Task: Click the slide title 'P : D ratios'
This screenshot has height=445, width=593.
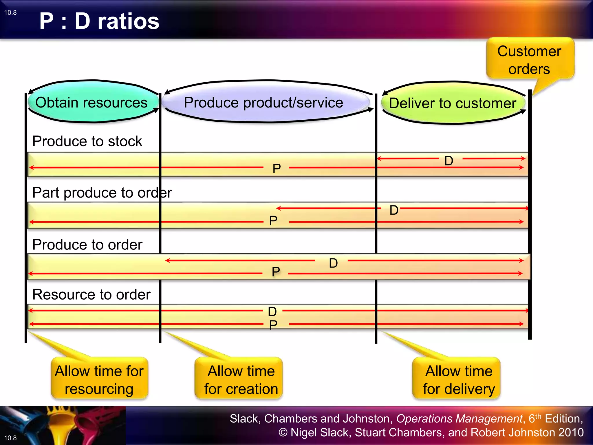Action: click(99, 21)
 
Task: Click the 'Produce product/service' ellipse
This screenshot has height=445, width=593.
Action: click(263, 103)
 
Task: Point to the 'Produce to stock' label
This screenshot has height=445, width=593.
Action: click(87, 141)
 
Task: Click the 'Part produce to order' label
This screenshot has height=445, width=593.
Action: click(102, 193)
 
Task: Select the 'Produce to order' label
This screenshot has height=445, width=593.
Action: click(87, 245)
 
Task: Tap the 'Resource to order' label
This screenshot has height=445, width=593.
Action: click(91, 295)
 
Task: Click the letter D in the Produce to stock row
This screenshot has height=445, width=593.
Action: click(449, 161)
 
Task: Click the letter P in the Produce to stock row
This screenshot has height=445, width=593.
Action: click(277, 169)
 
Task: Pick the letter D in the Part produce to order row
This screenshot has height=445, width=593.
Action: click(394, 210)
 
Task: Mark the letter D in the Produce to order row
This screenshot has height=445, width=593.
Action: click(333, 263)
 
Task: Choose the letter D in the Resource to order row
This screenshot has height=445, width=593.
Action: click(272, 311)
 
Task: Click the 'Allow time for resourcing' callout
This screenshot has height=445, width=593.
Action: click(99, 380)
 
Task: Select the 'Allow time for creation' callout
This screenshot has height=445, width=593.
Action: click(241, 380)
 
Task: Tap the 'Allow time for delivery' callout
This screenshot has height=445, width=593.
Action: click(459, 380)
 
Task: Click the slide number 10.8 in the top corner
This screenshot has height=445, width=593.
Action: click(10, 12)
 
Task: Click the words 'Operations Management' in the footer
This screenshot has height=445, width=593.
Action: click(459, 419)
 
